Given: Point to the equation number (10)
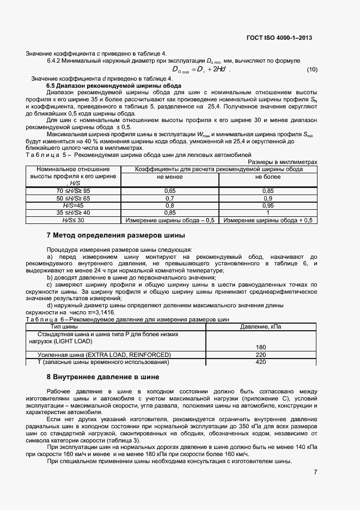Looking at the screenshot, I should click(312, 69).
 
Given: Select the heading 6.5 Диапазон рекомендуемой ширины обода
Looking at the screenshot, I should click(114, 86).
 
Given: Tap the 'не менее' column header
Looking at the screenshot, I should click(169, 177).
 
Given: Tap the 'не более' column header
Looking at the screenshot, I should click(269, 177).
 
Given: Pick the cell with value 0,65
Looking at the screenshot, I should click(169, 191).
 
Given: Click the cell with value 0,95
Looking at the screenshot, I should click(269, 205).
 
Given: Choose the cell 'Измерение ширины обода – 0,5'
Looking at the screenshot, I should click(169, 220).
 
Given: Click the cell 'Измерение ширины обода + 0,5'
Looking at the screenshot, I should click(269, 220).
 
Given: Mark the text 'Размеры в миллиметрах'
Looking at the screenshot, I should click(282, 162).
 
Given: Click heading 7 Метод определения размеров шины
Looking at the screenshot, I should click(115, 235).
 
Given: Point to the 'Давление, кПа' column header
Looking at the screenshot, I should click(260, 326).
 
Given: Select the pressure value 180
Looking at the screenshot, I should click(260, 347).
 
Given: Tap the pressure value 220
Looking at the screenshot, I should click(260, 355).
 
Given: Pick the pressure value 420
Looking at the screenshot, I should click(260, 362).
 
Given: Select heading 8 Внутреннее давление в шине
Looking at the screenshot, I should click(103, 377).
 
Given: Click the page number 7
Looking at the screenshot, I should click(315, 472).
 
